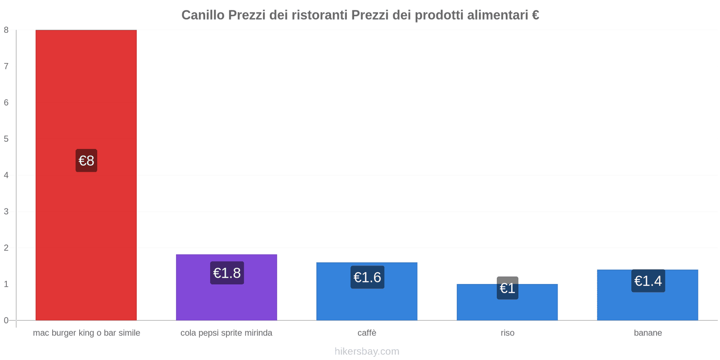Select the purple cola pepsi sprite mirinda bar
226,301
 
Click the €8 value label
86,161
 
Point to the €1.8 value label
227,273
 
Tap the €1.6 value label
367,277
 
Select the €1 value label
508,288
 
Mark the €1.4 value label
648,281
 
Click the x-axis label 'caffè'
367,333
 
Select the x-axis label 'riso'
507,333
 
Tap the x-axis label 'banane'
648,333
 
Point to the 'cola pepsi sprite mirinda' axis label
226,333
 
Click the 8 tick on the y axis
6,30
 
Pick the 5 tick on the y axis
6,139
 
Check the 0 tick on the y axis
6,320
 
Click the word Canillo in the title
203,15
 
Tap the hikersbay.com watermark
367,351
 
